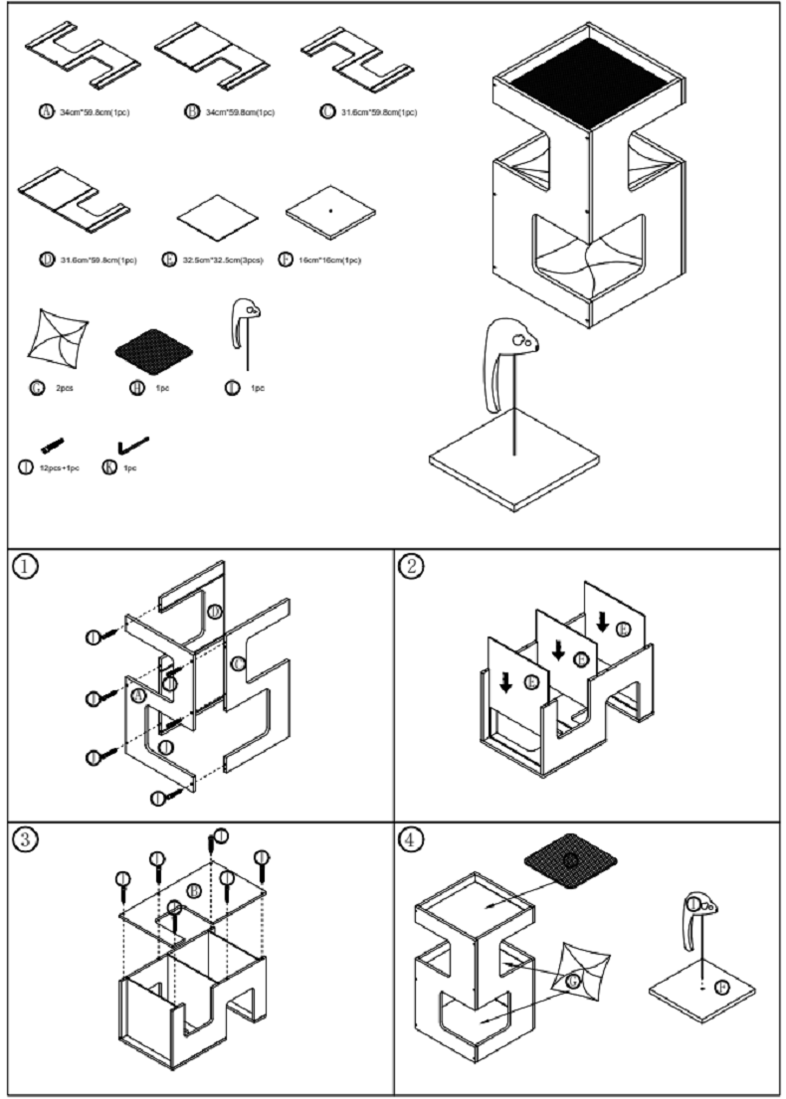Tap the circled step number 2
coord(409,566)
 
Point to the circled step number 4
coord(409,838)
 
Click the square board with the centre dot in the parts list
coord(330,212)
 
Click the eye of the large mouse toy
coord(519,340)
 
